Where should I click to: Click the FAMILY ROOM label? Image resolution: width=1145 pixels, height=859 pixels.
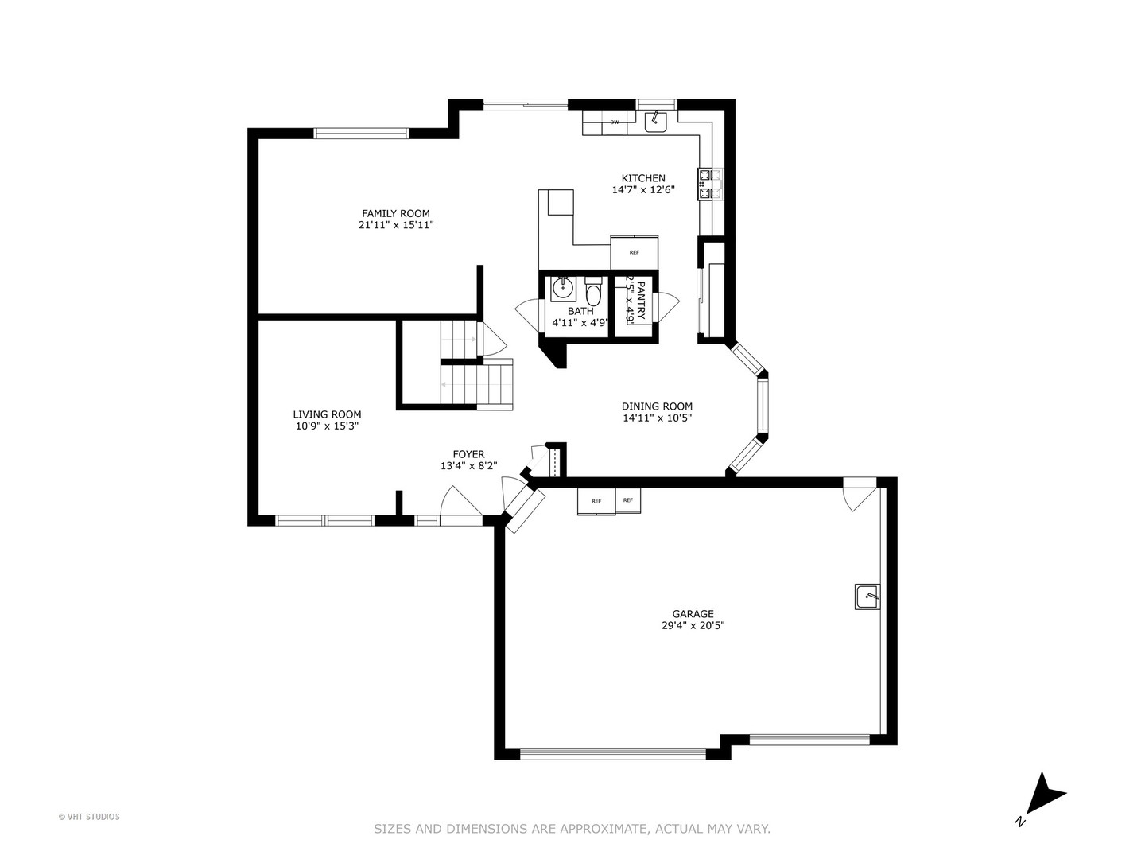click(x=395, y=213)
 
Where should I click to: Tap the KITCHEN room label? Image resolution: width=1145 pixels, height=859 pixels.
click(x=642, y=178)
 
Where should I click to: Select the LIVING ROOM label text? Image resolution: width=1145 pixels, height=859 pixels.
click(x=327, y=414)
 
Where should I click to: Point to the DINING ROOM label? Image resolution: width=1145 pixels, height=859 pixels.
click(x=657, y=406)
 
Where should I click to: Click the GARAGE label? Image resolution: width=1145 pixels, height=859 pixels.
click(x=693, y=614)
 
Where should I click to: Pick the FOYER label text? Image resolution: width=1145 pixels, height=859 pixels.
click(x=468, y=455)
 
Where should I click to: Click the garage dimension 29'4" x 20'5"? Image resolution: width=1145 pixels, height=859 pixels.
click(x=693, y=626)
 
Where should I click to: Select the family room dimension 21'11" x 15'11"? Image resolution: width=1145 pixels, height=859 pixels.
click(x=395, y=225)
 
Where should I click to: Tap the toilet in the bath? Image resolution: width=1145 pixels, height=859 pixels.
click(x=593, y=290)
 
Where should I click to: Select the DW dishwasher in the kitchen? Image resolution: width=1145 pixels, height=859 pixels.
click(x=615, y=122)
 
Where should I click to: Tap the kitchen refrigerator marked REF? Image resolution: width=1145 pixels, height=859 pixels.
click(x=634, y=252)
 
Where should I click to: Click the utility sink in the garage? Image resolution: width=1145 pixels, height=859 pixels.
click(x=867, y=596)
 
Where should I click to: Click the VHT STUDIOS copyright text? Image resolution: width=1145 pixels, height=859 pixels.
click(x=89, y=817)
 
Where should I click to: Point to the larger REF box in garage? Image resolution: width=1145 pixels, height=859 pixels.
click(x=596, y=501)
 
